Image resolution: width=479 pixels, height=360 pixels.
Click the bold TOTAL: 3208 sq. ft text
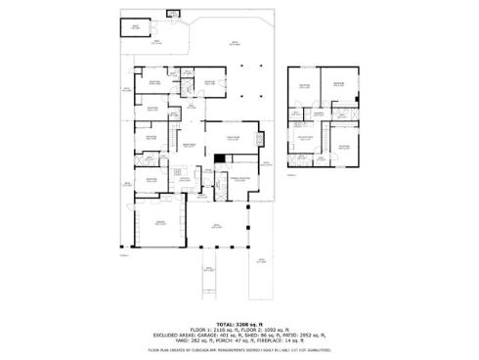(239, 322)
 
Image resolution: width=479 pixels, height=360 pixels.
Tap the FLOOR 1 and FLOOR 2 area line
(239, 328)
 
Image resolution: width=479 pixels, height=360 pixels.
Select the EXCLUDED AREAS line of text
(239, 334)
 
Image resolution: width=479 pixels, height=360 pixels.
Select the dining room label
(193, 146)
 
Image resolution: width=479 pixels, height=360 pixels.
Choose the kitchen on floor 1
(184, 176)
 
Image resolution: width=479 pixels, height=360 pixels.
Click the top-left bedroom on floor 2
(304, 87)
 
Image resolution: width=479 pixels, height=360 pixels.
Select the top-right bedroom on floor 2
(339, 85)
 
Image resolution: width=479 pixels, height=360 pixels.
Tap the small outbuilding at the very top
(174, 14)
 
